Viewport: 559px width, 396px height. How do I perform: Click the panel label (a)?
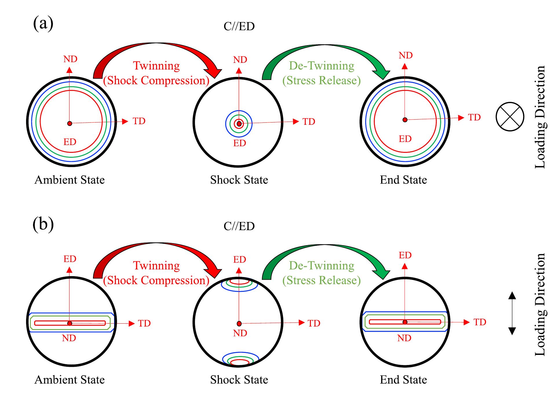(43, 23)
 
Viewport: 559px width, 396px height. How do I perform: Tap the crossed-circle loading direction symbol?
(510, 116)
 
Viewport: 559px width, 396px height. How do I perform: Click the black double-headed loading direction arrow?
(512, 313)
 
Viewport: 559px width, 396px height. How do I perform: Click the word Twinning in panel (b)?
(156, 265)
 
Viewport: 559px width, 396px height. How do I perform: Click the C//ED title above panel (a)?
(239, 26)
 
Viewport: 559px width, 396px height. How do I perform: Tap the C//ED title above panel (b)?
(239, 226)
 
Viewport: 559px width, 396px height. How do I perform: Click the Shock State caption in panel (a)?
(239, 180)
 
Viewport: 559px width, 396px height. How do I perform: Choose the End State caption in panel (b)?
(403, 379)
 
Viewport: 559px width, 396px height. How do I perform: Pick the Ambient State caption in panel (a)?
(70, 180)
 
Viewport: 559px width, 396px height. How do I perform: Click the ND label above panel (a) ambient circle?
(70, 59)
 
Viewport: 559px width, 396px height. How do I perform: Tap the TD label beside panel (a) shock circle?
(309, 122)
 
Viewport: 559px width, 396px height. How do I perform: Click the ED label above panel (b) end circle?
(405, 255)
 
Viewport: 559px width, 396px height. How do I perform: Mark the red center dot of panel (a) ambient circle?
(70, 124)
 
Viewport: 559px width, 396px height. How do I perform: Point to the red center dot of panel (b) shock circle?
(239, 323)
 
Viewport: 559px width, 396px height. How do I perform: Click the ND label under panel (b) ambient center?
(69, 338)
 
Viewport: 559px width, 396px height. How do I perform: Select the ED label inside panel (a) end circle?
(405, 139)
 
